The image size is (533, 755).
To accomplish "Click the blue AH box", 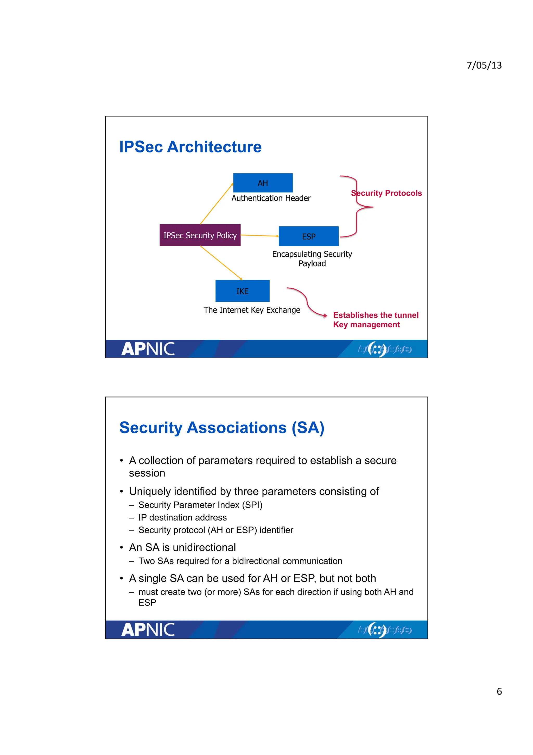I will point(263,183).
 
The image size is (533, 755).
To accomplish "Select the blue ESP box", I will point(308,236).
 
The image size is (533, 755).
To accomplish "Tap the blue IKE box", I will point(242,291).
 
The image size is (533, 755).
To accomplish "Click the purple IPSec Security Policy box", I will point(200,235).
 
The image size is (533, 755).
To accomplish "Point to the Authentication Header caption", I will point(271,198).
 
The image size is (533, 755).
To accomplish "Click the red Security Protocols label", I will point(386,193).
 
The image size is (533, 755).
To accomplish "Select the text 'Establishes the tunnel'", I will point(376,315).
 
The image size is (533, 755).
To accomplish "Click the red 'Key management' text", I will point(366,325).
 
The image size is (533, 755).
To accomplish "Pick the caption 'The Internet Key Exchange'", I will point(252,310).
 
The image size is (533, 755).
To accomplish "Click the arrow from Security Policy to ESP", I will point(259,236).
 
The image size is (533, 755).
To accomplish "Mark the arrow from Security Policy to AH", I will point(217,204).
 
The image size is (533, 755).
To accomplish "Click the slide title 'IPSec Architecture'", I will point(190,147).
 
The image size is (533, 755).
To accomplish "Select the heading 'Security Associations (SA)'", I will point(222,428).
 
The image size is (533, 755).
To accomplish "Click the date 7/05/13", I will point(484,65).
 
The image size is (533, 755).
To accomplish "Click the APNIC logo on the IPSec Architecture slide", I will point(148,349).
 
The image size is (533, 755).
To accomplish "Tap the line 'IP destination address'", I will point(183,518).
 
